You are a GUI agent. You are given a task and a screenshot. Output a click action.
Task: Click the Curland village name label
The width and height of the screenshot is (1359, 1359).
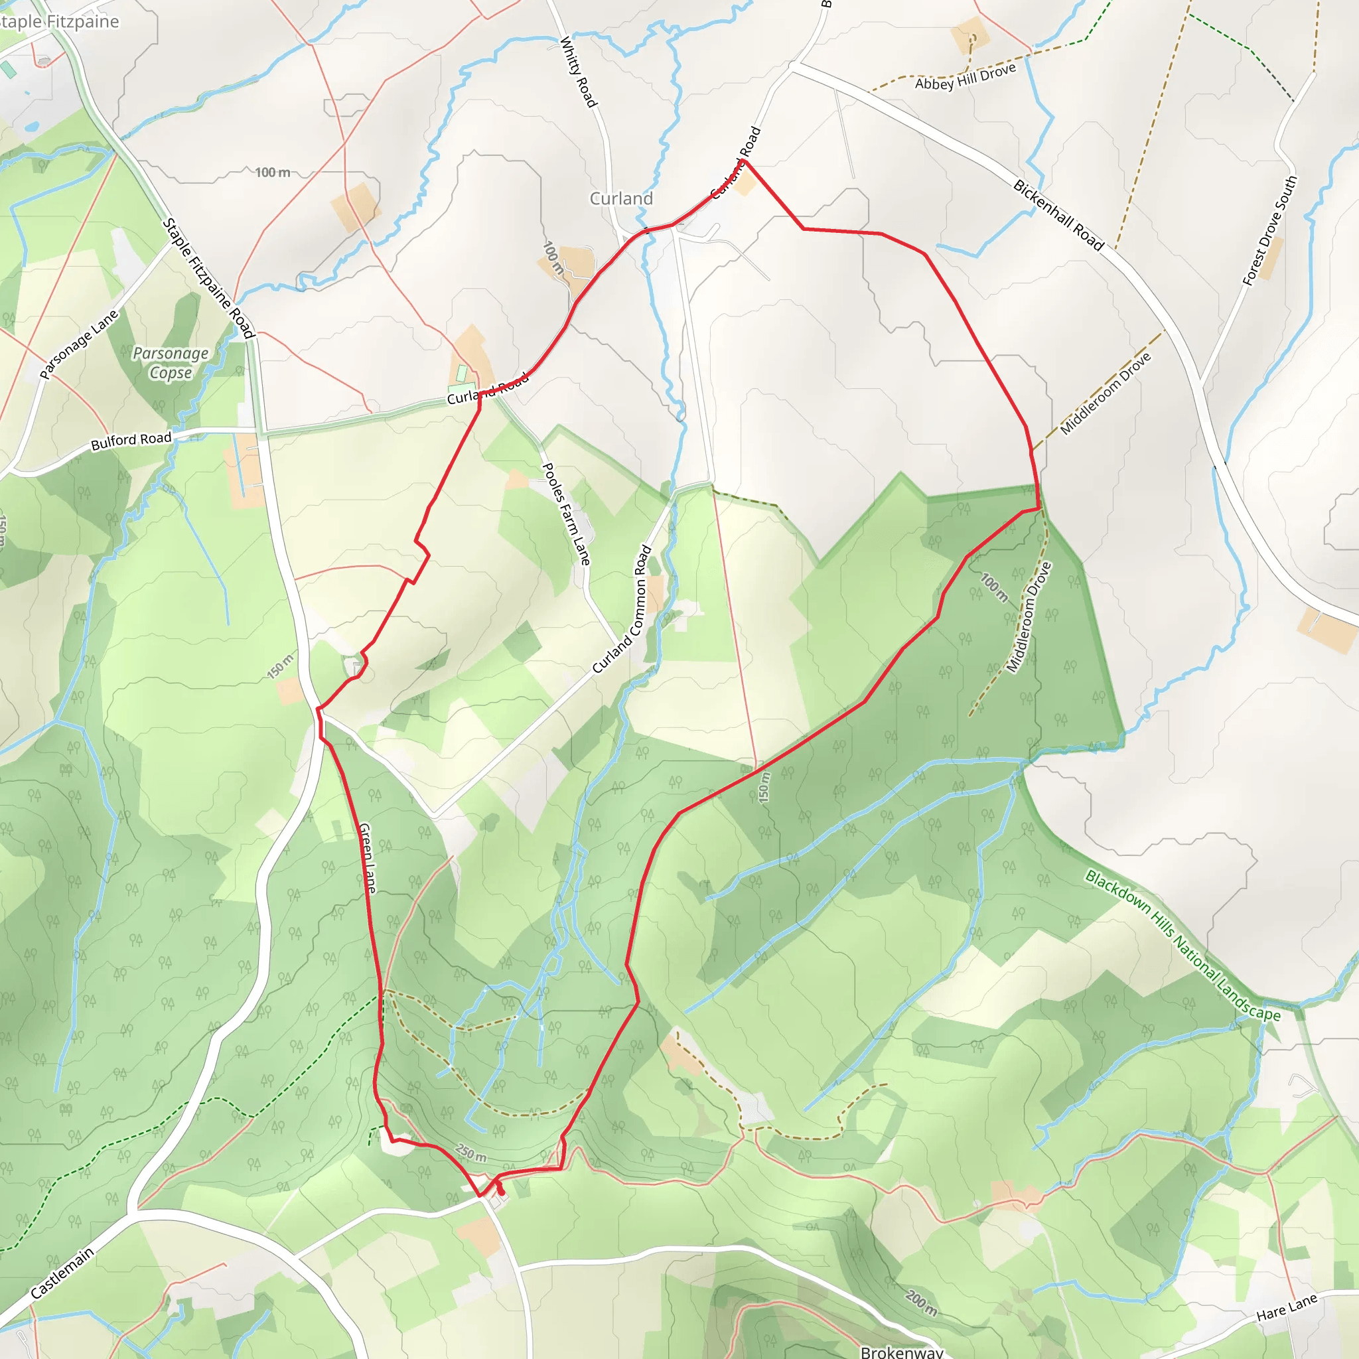(621, 199)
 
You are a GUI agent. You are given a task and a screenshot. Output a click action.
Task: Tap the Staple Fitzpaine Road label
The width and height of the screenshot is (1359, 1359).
(208, 278)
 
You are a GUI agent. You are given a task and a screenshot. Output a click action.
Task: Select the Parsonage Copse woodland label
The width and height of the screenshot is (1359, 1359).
(171, 363)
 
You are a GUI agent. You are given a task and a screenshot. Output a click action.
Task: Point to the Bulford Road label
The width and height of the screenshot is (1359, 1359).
(131, 441)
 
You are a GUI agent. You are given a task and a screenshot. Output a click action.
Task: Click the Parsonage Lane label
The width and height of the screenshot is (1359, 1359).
(79, 344)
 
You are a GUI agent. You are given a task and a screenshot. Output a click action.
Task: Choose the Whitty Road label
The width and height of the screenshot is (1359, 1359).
(578, 72)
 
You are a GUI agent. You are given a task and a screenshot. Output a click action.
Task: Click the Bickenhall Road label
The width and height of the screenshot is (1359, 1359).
(1058, 215)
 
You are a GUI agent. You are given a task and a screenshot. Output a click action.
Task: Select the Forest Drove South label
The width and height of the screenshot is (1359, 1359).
(1269, 231)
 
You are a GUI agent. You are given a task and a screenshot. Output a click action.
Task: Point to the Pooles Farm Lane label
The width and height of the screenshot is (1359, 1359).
(565, 514)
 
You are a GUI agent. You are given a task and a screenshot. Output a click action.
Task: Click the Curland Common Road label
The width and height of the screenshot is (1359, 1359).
(622, 609)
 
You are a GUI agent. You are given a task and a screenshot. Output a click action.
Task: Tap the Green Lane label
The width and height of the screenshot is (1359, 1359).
(367, 858)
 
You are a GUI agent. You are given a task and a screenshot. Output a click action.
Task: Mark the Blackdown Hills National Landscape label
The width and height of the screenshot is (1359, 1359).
(1182, 945)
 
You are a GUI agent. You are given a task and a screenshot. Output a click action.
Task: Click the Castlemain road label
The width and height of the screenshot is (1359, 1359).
(62, 1273)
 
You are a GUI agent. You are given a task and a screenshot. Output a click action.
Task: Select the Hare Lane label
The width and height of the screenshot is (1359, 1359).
(1287, 1308)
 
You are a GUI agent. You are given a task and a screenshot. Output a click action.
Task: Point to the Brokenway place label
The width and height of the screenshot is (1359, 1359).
(902, 1352)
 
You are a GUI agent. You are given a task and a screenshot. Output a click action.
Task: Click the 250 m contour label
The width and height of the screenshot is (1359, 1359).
(470, 1153)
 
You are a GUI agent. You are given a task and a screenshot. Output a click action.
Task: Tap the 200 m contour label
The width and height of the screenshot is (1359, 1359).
(921, 1303)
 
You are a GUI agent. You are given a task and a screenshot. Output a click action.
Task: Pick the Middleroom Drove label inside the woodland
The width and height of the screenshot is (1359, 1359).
(1029, 617)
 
